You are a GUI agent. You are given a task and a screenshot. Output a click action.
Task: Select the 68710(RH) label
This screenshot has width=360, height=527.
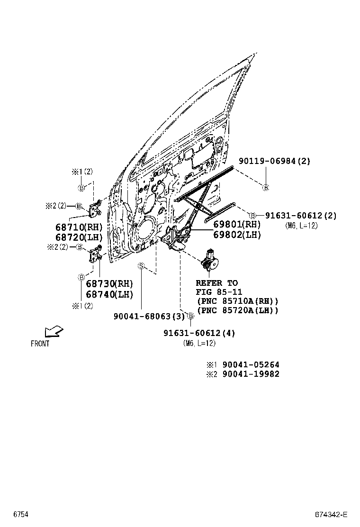(x=79, y=227)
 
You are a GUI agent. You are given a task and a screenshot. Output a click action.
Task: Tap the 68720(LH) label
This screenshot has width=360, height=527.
(x=79, y=237)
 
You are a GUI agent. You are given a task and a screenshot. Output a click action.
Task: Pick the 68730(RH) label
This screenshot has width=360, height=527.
(x=109, y=283)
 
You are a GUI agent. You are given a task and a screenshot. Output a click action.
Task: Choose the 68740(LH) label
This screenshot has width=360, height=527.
(x=109, y=294)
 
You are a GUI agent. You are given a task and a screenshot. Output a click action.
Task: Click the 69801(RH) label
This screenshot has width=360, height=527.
(x=237, y=224)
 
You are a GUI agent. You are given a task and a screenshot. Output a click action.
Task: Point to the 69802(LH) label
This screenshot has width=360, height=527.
(x=237, y=234)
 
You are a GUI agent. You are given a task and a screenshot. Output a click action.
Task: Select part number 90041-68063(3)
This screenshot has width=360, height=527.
(x=149, y=316)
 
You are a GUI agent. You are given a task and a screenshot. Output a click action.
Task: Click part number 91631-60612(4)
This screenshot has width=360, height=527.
(x=199, y=333)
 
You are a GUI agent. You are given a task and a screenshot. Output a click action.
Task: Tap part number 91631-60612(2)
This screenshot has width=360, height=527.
(x=300, y=216)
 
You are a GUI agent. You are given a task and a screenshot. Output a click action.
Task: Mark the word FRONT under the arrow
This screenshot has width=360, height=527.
(x=40, y=344)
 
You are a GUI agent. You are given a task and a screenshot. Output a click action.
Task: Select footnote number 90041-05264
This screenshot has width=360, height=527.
(x=251, y=365)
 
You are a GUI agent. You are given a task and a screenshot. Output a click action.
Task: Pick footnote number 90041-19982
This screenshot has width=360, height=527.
(x=251, y=374)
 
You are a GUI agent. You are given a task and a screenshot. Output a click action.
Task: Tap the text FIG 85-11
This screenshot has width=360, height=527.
(x=216, y=292)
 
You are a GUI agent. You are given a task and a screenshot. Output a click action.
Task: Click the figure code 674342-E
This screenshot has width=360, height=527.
(x=332, y=515)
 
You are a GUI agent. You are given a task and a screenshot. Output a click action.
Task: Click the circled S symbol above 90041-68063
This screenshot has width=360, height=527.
(x=141, y=266)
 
